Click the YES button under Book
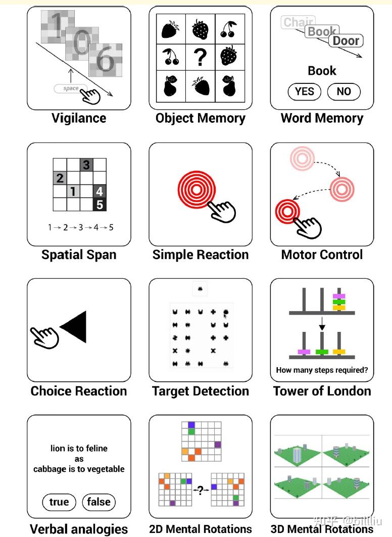(x=304, y=91)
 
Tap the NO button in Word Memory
(x=343, y=91)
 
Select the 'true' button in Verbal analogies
(x=59, y=502)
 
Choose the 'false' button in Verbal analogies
(x=99, y=502)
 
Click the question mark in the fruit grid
(x=201, y=58)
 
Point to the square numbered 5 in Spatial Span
(x=100, y=205)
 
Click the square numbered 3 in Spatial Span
(x=86, y=165)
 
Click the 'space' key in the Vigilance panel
(x=71, y=88)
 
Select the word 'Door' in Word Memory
(x=346, y=41)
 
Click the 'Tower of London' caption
(x=322, y=391)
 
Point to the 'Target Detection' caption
(x=201, y=391)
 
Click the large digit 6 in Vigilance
(x=106, y=60)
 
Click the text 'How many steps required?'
(x=322, y=370)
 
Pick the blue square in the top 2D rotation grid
(x=191, y=425)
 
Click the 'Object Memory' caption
(x=201, y=118)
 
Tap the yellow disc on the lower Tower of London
(x=338, y=352)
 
